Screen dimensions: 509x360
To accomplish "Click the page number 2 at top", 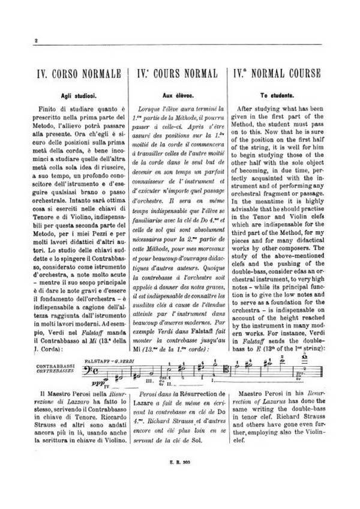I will tap(37, 40).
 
